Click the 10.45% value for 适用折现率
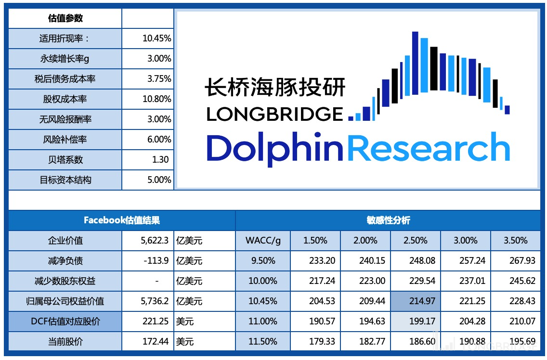(156, 39)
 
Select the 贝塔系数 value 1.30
(160, 160)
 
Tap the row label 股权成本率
(65, 99)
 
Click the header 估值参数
(65, 18)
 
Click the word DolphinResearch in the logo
(358, 147)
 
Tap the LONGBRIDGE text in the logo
(274, 114)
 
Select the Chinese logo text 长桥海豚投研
(275, 88)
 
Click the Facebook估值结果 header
(122, 220)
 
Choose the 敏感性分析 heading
(388, 220)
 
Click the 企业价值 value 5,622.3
(155, 241)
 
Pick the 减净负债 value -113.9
(156, 261)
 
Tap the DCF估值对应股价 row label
(65, 321)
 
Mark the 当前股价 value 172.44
(156, 342)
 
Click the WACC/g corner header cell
(262, 241)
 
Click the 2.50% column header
(415, 241)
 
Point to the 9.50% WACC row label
(262, 261)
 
